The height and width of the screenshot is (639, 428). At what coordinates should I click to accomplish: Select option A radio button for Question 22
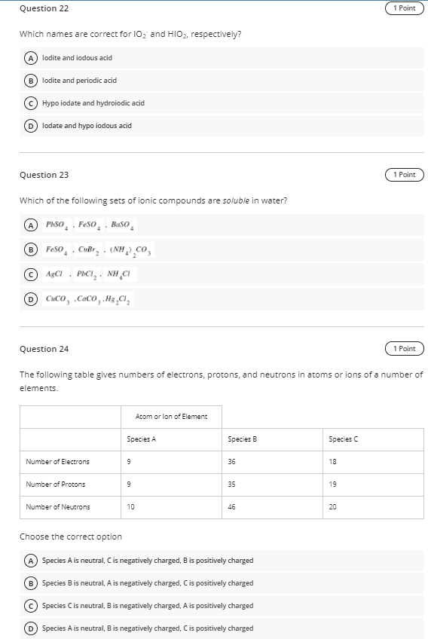pos(32,58)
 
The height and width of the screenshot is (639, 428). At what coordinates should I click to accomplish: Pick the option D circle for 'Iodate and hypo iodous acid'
pos(32,126)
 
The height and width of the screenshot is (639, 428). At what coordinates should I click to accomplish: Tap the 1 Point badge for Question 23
pos(405,175)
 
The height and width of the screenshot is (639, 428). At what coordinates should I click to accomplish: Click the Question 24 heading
pos(43,349)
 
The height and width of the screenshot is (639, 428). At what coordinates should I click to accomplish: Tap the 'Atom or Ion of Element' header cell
pos(172,416)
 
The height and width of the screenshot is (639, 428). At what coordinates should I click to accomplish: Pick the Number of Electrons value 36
pos(231,462)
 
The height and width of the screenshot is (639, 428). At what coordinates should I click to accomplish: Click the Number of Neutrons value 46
pos(231,507)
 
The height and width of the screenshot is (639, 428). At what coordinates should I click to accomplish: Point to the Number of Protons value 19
pos(332,485)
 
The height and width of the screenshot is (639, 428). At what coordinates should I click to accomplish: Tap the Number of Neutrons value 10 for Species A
pos(132,507)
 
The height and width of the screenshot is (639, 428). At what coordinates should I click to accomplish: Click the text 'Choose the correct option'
pos(70,537)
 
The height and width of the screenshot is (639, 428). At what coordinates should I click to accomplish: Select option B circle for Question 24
pos(32,583)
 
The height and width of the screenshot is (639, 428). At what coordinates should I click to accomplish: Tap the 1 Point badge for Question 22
pos(405,8)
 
